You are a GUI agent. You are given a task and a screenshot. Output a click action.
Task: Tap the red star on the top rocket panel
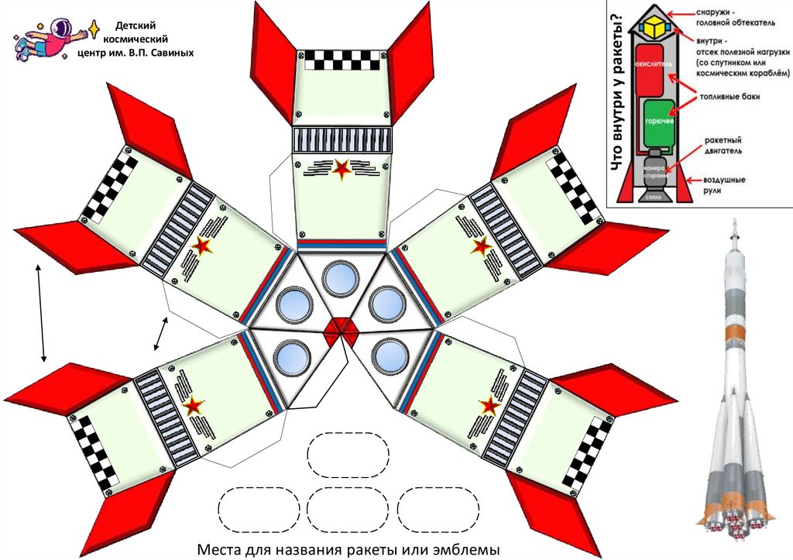[340, 169]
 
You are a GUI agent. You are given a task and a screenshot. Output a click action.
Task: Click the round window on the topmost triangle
[340, 278]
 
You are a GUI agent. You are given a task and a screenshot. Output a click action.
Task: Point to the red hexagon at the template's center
[340, 328]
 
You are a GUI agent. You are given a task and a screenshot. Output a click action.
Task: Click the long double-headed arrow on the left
[43, 313]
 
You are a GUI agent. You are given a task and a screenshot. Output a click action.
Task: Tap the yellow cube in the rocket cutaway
[657, 27]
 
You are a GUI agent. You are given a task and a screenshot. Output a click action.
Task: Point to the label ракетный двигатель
[723, 146]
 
